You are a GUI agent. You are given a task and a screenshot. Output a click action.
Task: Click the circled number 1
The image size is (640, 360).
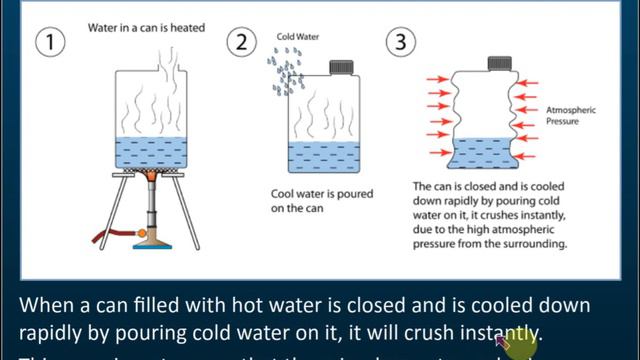(x=53, y=43)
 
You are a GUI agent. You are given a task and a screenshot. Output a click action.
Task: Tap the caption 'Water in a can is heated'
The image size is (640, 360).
(x=146, y=27)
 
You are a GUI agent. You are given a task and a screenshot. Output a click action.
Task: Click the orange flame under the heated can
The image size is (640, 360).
(x=152, y=178)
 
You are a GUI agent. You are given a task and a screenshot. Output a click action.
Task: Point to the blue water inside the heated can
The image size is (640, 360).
(x=152, y=153)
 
